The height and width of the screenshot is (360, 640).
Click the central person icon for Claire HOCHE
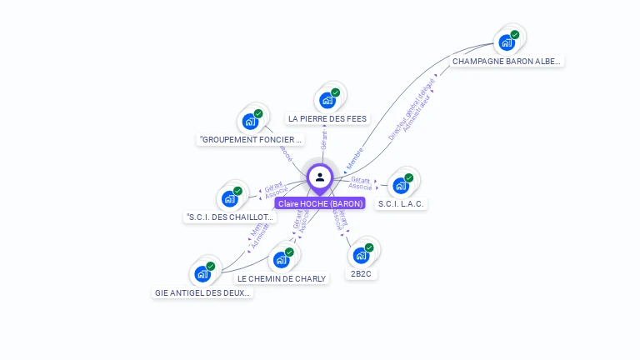[x=320, y=177]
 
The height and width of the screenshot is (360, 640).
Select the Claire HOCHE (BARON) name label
[x=320, y=203]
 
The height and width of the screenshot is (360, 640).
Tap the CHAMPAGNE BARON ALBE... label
[x=507, y=61]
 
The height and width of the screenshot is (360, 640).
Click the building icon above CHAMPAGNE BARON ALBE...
[x=506, y=42]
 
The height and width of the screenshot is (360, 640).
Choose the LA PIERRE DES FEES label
[x=327, y=118]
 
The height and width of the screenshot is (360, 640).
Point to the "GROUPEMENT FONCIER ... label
[x=250, y=139]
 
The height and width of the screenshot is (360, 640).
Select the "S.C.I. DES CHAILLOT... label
[x=229, y=217]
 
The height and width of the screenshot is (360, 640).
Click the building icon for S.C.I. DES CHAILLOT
[x=229, y=199]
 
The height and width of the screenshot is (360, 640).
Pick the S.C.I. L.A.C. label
[x=401, y=203]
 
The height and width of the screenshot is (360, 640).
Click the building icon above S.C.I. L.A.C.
[x=401, y=185]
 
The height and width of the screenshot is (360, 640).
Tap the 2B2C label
[x=361, y=273]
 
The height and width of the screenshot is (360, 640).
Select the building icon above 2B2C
[x=361, y=255]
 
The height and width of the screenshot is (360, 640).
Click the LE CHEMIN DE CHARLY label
[x=282, y=278]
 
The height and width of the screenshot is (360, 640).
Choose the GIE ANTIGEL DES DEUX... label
[x=202, y=292]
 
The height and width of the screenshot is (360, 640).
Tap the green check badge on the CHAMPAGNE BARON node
[x=515, y=35]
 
